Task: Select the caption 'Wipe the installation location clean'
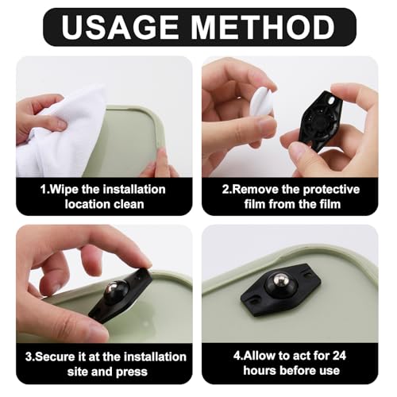104,196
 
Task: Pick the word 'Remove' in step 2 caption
253,189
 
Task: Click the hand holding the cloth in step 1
36,115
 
